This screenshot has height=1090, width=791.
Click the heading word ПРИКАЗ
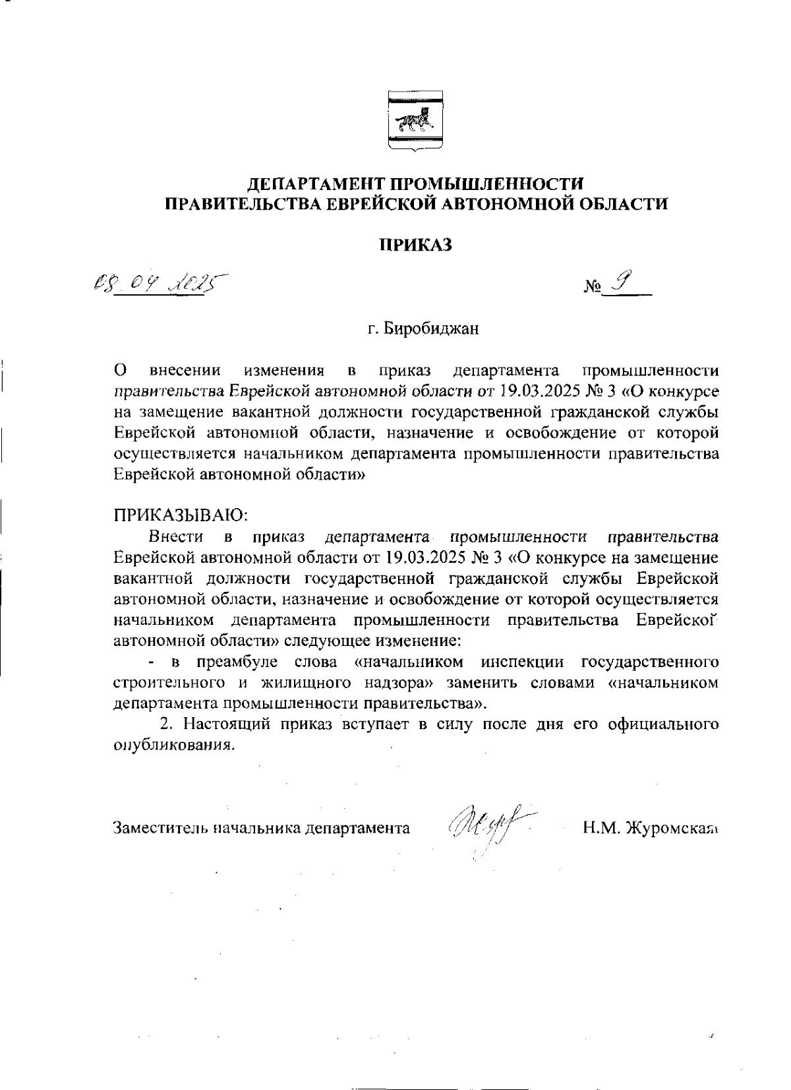[x=416, y=245]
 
